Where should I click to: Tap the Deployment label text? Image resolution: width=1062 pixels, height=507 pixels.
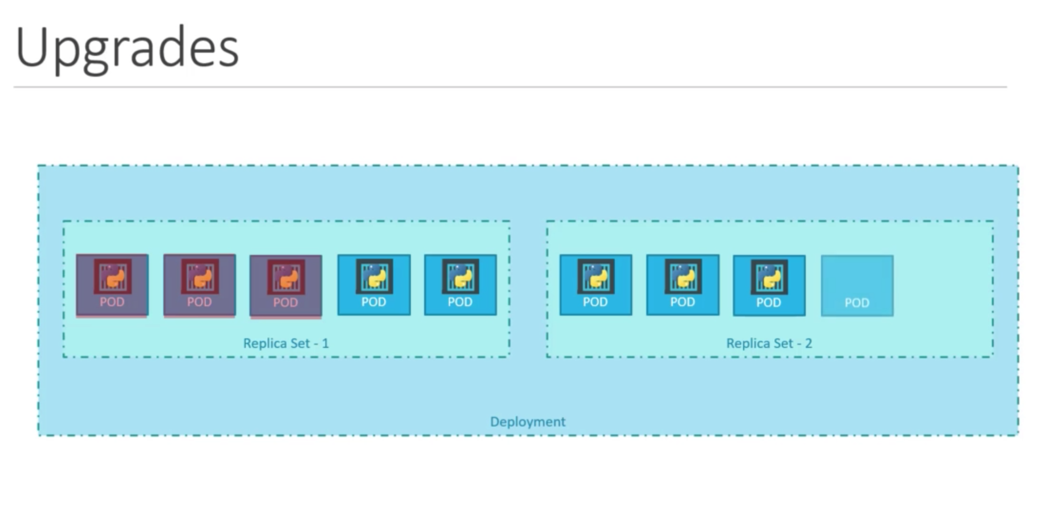pyautogui.click(x=528, y=421)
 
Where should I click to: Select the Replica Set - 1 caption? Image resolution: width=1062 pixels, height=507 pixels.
pyautogui.click(x=286, y=343)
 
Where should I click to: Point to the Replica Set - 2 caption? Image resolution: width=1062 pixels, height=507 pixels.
pyautogui.click(x=769, y=343)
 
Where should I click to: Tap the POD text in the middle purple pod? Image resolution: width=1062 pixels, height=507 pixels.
pyautogui.click(x=199, y=302)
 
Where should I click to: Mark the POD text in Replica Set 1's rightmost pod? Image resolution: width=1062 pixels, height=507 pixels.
pyautogui.click(x=460, y=302)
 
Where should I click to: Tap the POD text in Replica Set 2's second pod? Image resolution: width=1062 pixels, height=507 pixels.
pyautogui.click(x=682, y=302)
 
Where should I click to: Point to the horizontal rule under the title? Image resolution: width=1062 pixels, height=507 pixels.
pyautogui.click(x=510, y=87)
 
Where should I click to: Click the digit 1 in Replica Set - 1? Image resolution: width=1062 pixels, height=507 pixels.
pyautogui.click(x=325, y=343)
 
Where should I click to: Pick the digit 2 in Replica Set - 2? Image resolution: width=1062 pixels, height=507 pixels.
pyautogui.click(x=808, y=343)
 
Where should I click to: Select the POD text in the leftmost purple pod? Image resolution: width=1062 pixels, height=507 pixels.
pyautogui.click(x=112, y=302)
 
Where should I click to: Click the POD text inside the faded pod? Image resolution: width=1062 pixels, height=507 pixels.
pyautogui.click(x=857, y=302)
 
